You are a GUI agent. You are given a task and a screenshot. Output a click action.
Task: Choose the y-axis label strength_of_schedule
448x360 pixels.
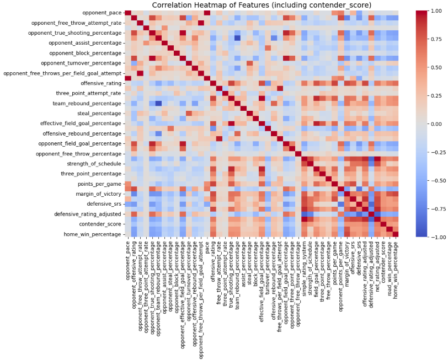click(92, 164)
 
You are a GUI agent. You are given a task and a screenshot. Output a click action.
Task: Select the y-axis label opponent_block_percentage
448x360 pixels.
click(85, 53)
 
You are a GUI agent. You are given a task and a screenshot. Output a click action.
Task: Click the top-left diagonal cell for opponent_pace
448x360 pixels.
click(128, 13)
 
